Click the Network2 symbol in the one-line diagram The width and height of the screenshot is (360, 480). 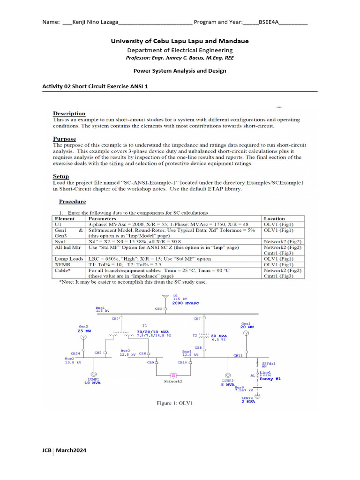coord(172,375)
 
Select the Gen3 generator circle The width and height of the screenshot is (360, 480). coord(82,337)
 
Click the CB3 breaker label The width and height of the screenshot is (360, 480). coord(158,309)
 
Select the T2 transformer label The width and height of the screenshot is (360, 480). coord(195,335)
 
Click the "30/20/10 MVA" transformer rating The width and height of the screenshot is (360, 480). coord(152,331)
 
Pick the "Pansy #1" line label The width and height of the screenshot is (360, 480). coord(270,379)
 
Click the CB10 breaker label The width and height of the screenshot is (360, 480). coord(182,362)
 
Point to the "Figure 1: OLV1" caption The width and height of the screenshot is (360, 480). coord(174,403)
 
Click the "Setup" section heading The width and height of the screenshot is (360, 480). coord(61,177)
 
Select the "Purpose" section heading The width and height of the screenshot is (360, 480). coord(64,139)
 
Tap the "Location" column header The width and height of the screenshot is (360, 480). coord(274,218)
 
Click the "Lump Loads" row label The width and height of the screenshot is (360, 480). coord(69,259)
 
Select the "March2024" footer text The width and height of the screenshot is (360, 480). coord(71,450)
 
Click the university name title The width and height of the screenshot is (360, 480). coord(180,41)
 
